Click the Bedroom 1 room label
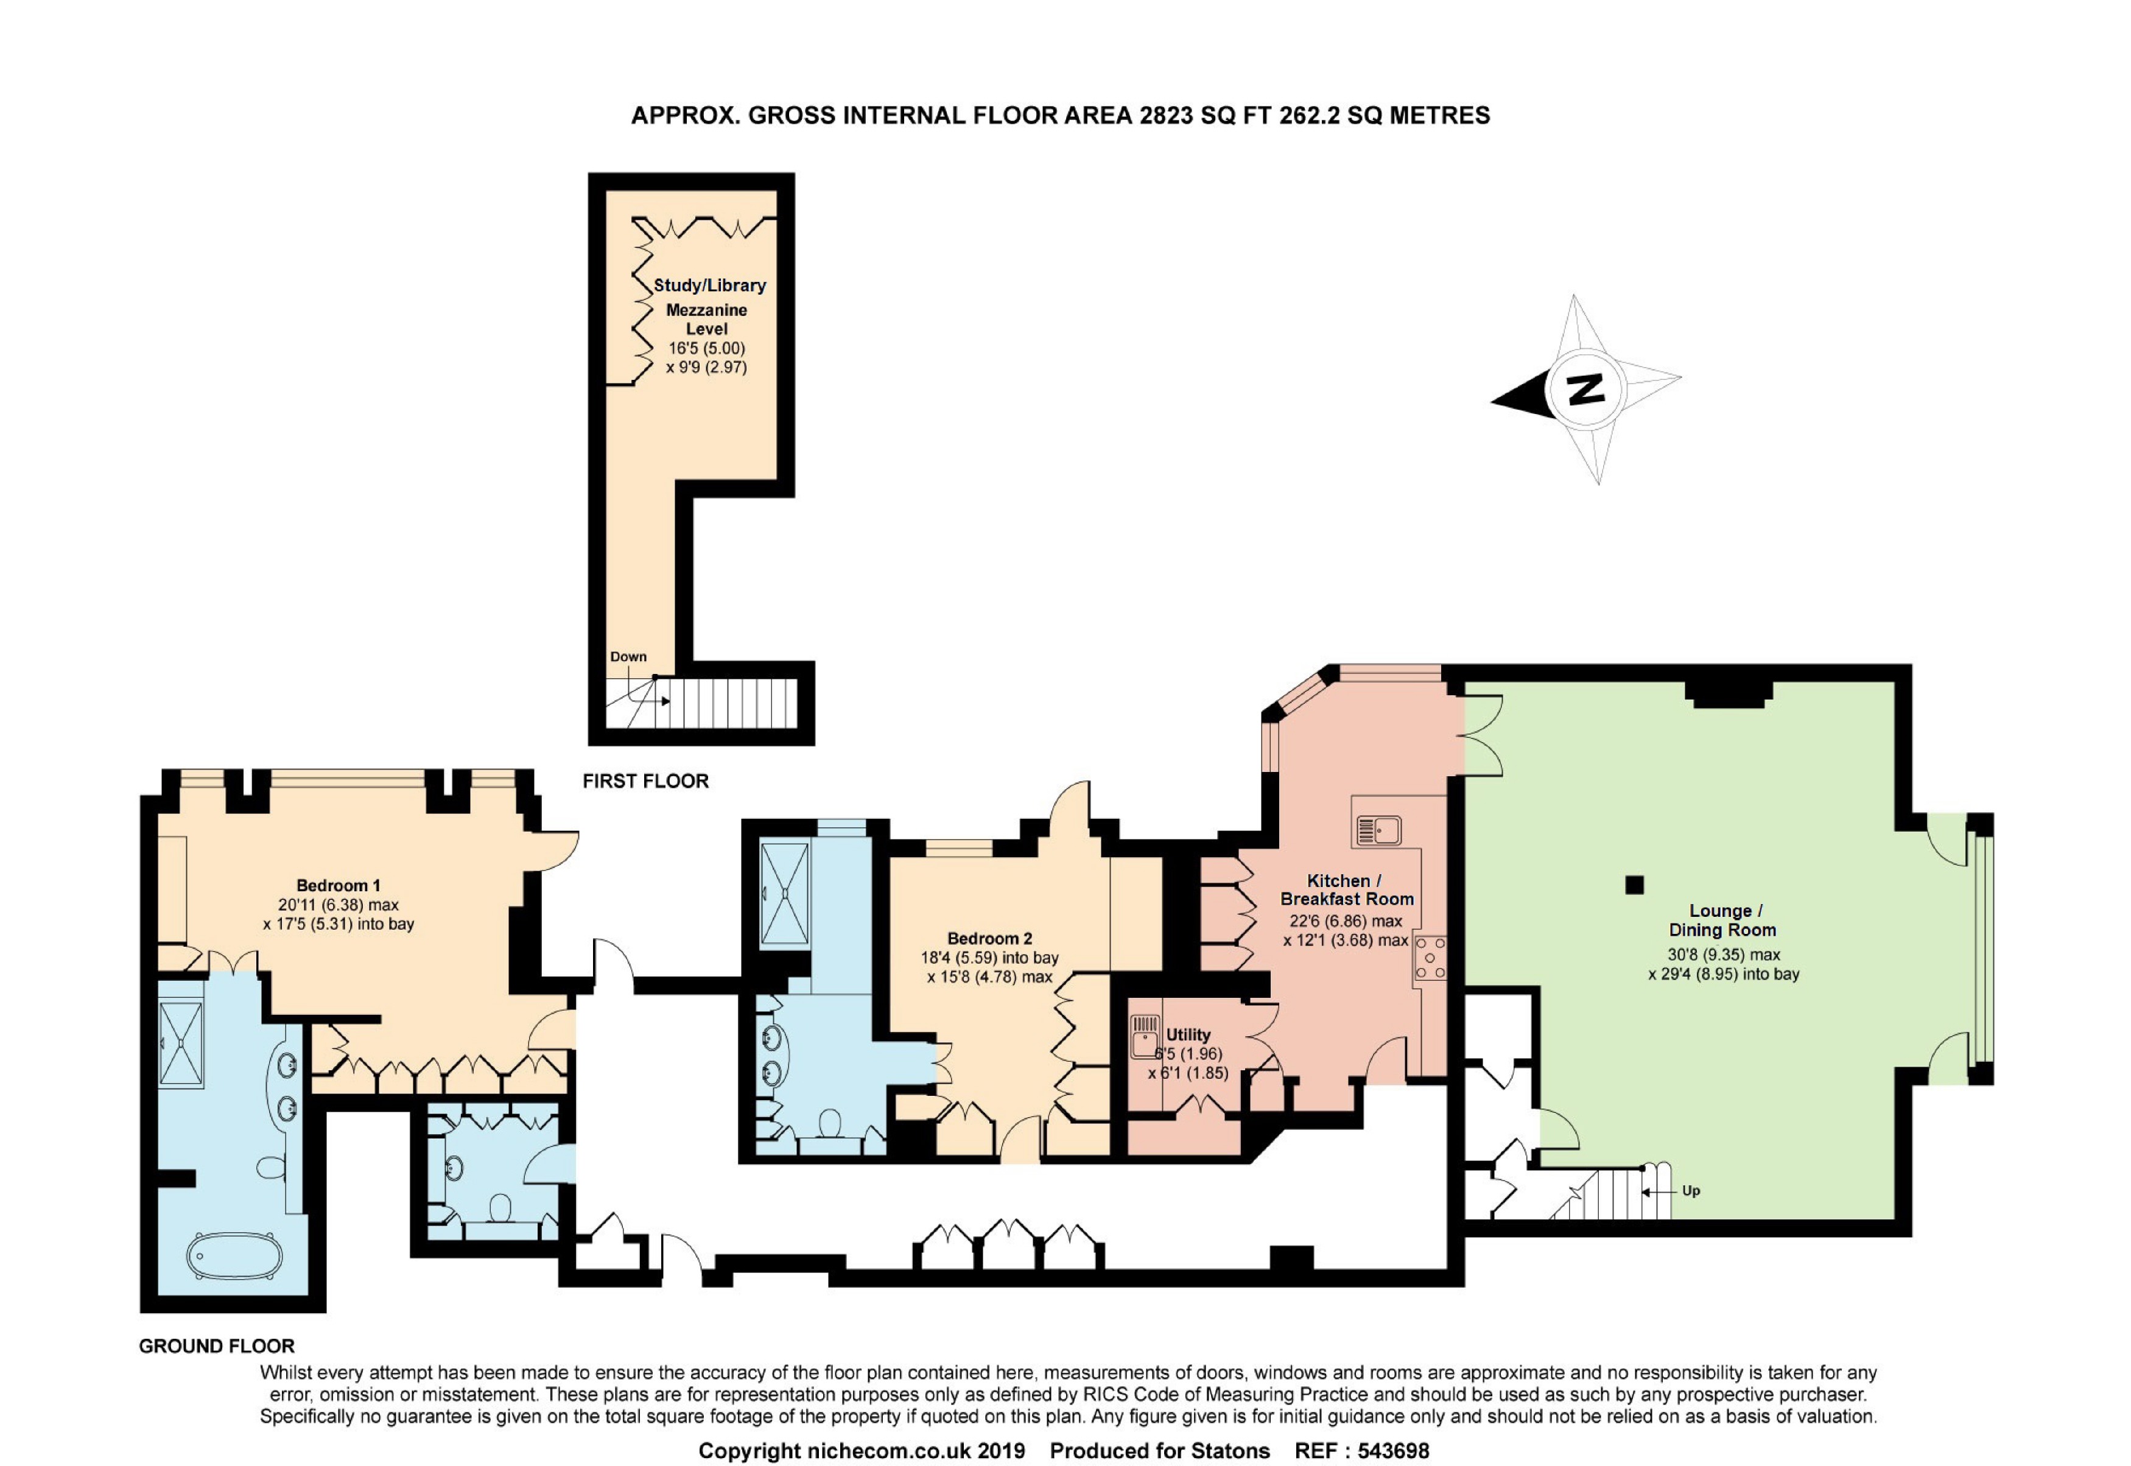click(338, 885)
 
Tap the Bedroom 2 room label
click(989, 939)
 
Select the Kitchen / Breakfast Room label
click(1347, 890)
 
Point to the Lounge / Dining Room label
click(1722, 921)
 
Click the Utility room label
click(1188, 1034)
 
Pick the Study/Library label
click(709, 285)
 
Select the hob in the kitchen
click(1429, 959)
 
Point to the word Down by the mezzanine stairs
click(628, 657)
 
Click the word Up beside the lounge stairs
click(1691, 1190)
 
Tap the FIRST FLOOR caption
click(646, 780)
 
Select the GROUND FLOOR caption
click(217, 1345)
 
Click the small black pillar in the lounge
click(1634, 885)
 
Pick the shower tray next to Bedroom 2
click(784, 894)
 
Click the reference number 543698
click(1394, 1450)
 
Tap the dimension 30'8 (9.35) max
click(1724, 955)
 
